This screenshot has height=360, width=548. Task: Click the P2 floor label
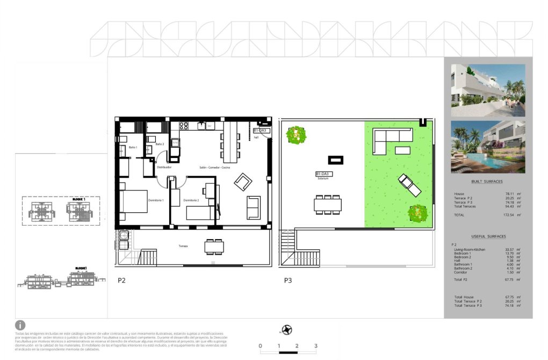point(121,280)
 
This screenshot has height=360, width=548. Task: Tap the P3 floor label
point(289,280)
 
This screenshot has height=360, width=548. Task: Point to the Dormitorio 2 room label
point(191,200)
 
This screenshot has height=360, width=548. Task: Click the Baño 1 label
point(133,147)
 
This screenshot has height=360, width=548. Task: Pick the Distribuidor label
point(163,167)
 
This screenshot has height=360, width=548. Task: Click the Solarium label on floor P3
point(322,178)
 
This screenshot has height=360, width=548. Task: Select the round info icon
point(20,325)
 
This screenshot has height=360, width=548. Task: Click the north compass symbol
point(287,329)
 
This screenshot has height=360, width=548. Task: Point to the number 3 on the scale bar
point(316,346)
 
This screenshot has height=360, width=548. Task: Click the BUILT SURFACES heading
point(487,182)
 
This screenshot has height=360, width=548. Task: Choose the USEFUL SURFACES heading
point(487,236)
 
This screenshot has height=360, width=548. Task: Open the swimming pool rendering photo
point(488,145)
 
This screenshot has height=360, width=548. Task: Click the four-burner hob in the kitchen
point(184,126)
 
